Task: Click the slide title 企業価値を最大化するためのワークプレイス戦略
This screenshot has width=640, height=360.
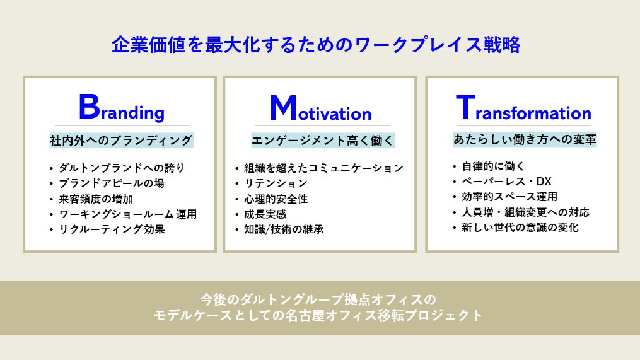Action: [x=316, y=45]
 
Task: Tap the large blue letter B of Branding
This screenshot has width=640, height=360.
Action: [x=89, y=106]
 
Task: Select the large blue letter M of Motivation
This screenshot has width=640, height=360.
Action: [x=283, y=108]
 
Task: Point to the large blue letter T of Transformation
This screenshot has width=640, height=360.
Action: [x=465, y=107]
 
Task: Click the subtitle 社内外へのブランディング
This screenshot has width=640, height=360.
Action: [x=121, y=141]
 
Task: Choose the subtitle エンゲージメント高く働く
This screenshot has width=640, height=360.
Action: [x=323, y=141]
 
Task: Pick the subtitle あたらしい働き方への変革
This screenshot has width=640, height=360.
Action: [x=525, y=139]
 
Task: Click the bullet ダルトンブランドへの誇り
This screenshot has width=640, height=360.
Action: [x=122, y=168]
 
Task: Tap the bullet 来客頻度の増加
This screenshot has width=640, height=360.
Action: [x=96, y=199]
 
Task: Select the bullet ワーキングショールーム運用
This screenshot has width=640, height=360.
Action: [x=128, y=214]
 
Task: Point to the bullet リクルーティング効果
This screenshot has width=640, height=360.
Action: [x=112, y=229]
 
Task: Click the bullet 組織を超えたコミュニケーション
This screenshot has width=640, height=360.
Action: [x=323, y=168]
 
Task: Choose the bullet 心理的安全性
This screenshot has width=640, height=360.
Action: [x=276, y=199]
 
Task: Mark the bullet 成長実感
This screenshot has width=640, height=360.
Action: [x=265, y=214]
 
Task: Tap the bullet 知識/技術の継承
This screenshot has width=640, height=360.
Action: [x=284, y=229]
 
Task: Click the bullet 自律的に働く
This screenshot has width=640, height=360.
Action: [x=493, y=166]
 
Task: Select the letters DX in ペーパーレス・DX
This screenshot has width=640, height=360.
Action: [x=544, y=181]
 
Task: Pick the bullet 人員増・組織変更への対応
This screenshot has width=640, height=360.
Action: [x=526, y=212]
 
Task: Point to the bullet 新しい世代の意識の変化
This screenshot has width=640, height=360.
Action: [x=520, y=228]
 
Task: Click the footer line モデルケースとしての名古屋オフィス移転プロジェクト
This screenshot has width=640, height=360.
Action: [x=318, y=315]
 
